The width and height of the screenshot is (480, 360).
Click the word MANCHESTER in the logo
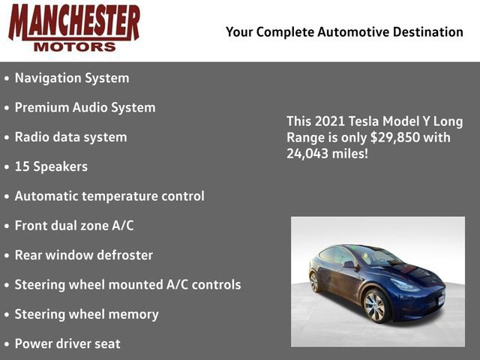[73, 22]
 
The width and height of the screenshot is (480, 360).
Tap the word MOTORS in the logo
[74, 46]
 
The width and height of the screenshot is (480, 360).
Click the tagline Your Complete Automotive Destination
[344, 31]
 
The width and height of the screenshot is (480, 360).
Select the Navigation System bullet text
[72, 78]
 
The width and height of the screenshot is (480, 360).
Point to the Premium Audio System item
[85, 107]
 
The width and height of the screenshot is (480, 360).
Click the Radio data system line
[70, 137]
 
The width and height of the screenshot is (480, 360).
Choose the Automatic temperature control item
[109, 196]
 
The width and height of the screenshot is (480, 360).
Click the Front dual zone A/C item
[74, 225]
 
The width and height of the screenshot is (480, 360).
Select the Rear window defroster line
[83, 255]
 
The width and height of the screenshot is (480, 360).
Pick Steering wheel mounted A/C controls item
[127, 284]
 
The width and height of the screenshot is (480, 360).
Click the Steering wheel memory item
[86, 314]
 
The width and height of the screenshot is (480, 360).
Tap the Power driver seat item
[67, 343]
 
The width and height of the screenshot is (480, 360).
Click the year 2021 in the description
[326, 121]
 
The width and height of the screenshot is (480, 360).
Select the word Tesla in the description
[364, 121]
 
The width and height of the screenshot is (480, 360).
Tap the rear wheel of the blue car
[315, 282]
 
